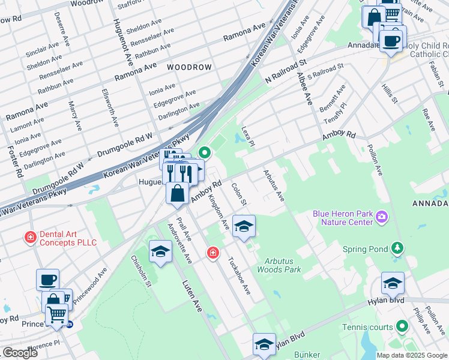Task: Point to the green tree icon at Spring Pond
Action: point(396,248)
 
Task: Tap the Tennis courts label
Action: point(367,327)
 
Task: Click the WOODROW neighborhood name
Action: point(189,67)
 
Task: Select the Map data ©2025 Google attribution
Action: point(411,355)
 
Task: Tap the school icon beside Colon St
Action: point(244,226)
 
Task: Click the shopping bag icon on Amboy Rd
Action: point(177,193)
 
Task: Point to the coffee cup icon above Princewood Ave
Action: point(47,279)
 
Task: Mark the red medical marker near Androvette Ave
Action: point(212,253)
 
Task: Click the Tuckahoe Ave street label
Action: point(238,276)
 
